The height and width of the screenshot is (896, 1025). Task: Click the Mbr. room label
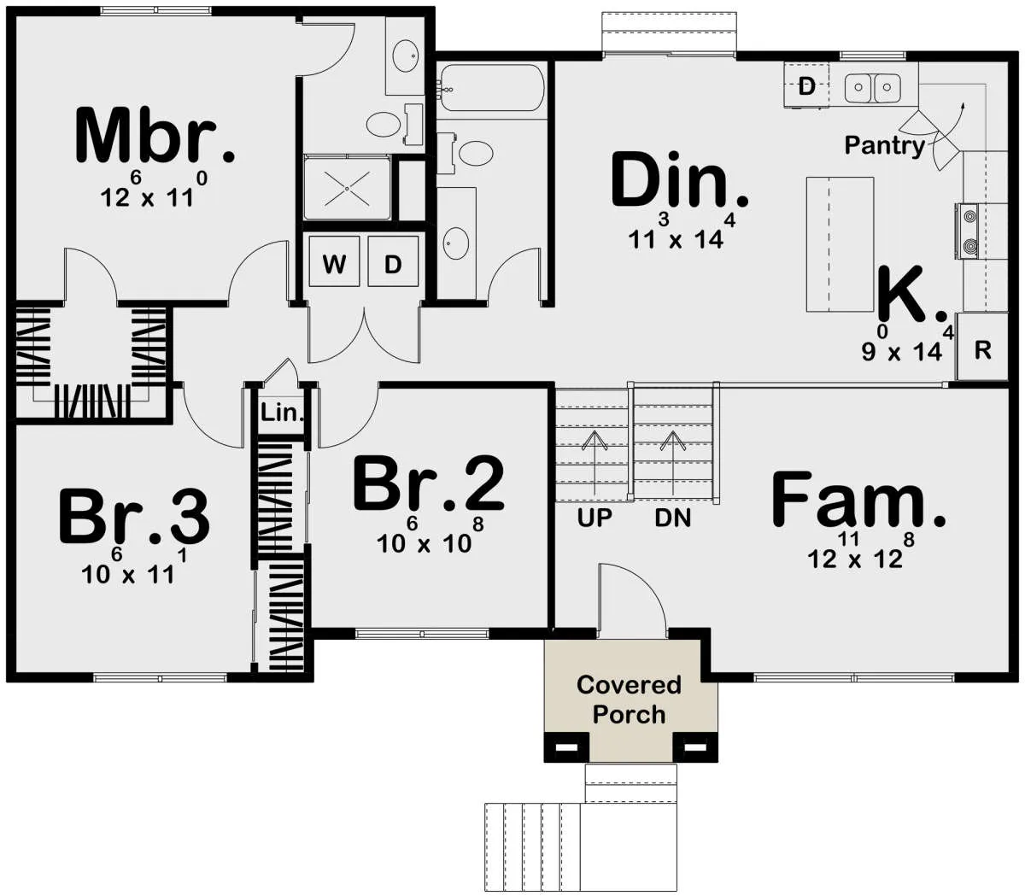pos(155,135)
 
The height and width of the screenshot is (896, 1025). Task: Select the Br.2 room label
pos(429,483)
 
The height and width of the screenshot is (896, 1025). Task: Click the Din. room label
pos(680,180)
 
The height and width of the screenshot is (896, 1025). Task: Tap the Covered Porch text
pos(629,700)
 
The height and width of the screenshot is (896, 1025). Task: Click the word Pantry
pos(885,146)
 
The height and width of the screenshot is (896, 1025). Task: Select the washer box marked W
pos(334,261)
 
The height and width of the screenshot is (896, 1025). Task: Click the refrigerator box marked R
pos(982,346)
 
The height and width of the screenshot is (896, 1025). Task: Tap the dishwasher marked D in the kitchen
pos(806,85)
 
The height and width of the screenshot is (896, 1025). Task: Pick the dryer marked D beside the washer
pos(393,261)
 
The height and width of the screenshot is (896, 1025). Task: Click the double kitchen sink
pos(873,88)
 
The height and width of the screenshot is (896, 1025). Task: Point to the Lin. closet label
pos(282,413)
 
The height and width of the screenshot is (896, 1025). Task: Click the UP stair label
pos(594,518)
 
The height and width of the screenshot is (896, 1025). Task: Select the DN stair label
pos(673,518)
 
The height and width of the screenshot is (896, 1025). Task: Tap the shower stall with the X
pos(347,188)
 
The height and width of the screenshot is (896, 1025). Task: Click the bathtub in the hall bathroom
pos(491,88)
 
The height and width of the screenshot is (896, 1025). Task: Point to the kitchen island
pos(840,244)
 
